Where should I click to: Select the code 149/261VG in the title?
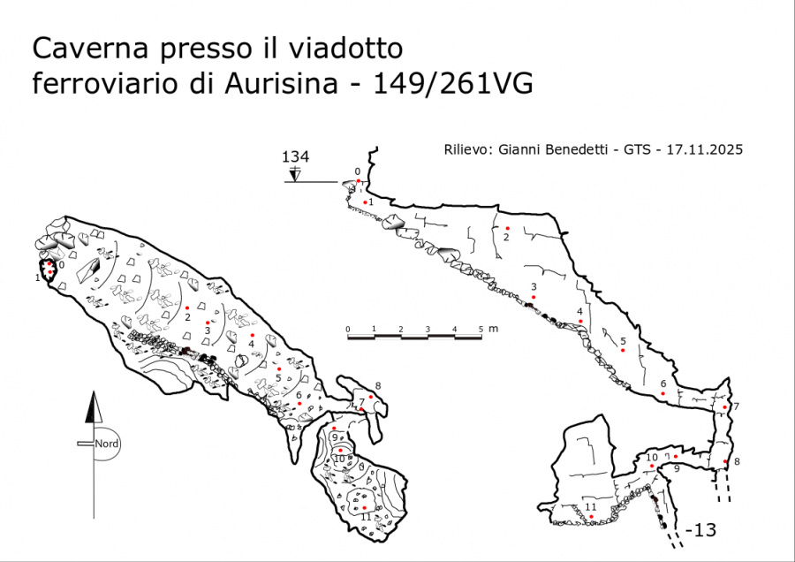coord(453,83)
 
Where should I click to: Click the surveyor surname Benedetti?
coord(576,150)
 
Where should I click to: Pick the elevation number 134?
coord(295,157)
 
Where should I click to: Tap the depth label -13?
coord(700,530)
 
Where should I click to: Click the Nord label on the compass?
coord(107,444)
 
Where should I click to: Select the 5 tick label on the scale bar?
coord(481,329)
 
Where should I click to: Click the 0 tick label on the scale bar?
coord(348,329)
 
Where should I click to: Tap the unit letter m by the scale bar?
coord(493,329)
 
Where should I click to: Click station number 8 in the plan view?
coord(378,385)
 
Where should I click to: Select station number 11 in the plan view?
coord(365,517)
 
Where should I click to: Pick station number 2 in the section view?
coord(507,237)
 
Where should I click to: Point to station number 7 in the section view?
coord(736,406)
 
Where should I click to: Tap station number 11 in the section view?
coord(590,507)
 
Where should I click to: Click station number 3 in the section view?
coord(534,286)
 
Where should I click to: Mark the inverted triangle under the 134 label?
coord(295,175)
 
